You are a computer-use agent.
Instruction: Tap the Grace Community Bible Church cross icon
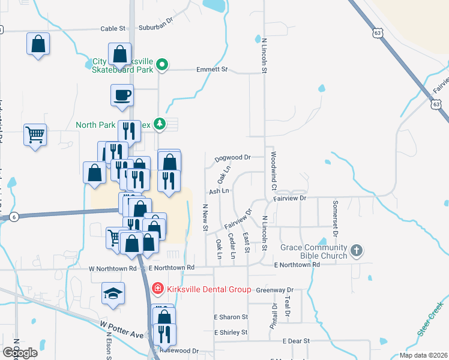tap(357, 250)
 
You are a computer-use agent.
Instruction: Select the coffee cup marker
tap(122, 95)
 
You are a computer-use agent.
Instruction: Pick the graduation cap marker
tap(113, 293)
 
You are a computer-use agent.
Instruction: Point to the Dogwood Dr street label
tap(232, 158)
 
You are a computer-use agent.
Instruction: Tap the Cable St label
tap(112, 28)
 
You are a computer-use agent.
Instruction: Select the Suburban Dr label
tap(155, 28)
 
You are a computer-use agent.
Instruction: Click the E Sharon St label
tap(231, 317)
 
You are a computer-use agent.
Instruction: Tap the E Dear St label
tap(296, 341)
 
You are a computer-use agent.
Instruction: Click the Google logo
tap(20, 352)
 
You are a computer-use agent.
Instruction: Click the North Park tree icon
tap(159, 125)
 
